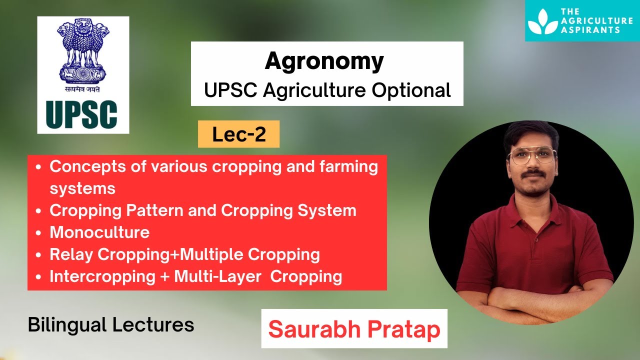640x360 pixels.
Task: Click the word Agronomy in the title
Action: click(x=324, y=61)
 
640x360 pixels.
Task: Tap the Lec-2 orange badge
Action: click(x=238, y=134)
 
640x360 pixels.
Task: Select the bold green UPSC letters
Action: click(x=81, y=114)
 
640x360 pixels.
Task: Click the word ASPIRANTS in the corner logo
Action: click(x=590, y=30)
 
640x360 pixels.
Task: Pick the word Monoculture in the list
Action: click(x=99, y=232)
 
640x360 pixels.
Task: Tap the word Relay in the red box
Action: click(x=71, y=254)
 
